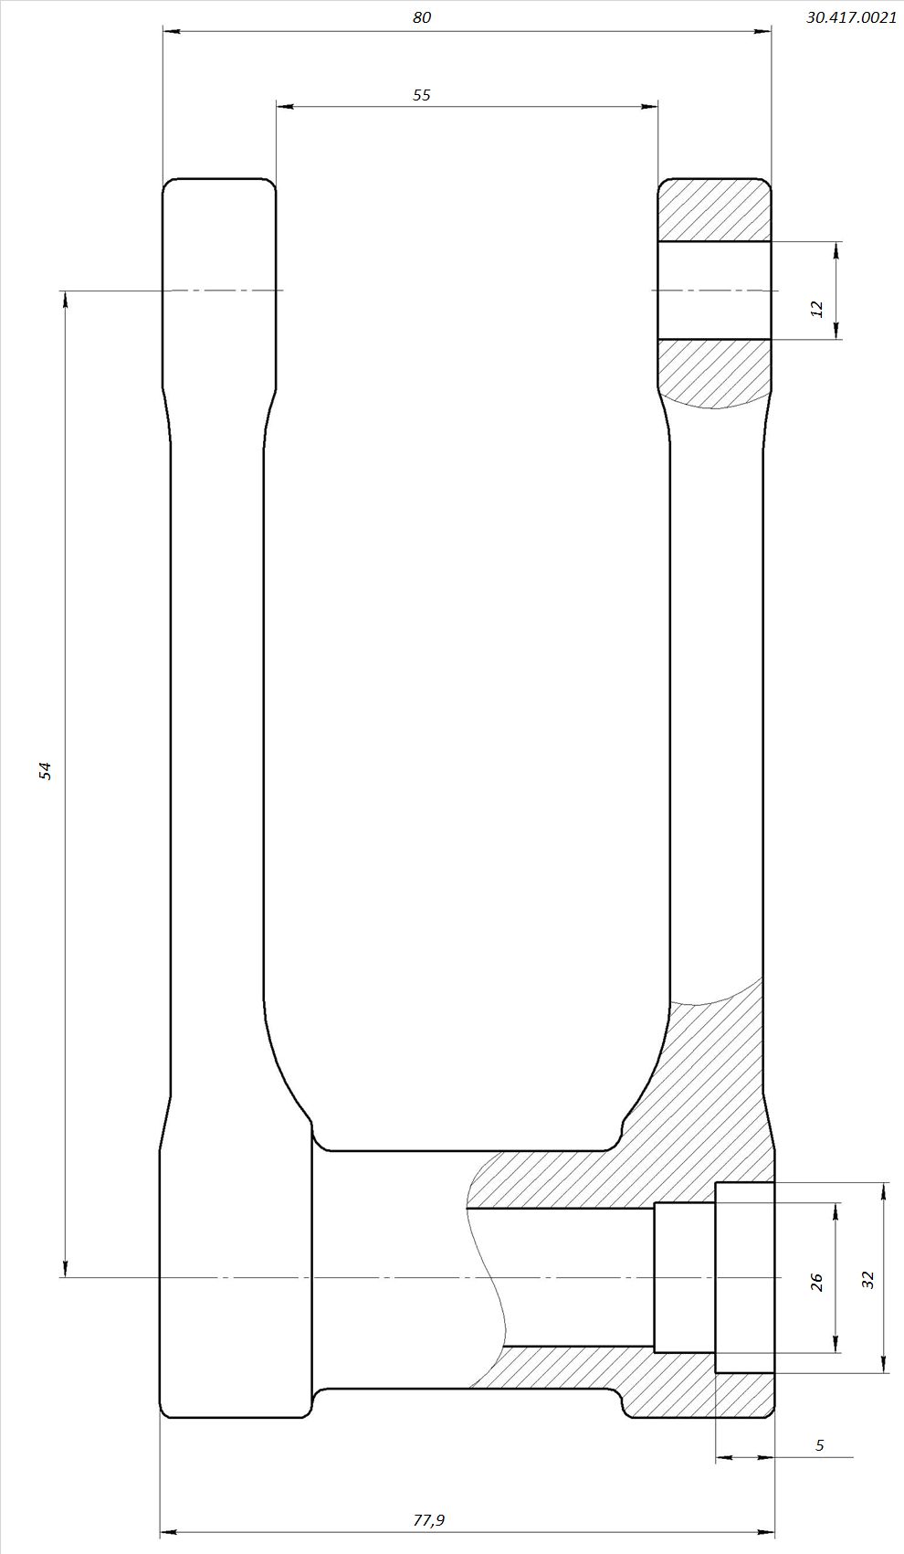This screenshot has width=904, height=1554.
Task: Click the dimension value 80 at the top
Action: click(x=422, y=17)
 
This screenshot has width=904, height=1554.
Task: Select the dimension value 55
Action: click(x=422, y=94)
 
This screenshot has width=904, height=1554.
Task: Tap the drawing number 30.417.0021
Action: click(x=851, y=18)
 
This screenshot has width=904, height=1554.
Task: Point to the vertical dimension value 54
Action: click(x=46, y=771)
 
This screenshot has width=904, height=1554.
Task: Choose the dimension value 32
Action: click(x=868, y=1280)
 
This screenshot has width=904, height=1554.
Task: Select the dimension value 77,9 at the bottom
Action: click(x=429, y=1515)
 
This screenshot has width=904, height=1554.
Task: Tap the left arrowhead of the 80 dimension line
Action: click(x=171, y=31)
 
